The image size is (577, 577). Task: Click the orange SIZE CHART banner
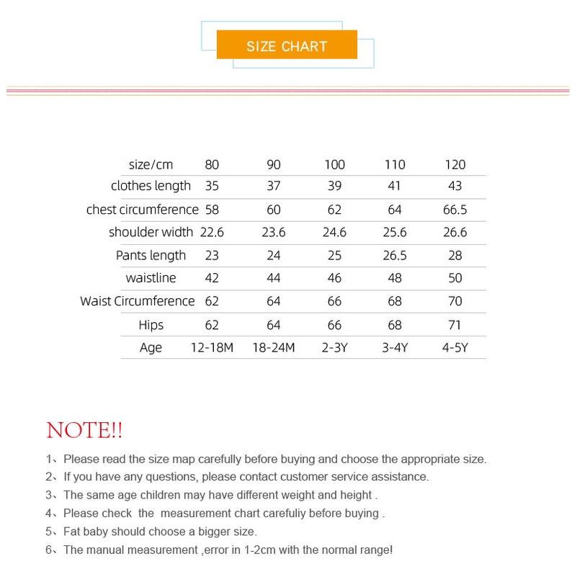(287, 46)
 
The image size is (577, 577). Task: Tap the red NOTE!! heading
(84, 431)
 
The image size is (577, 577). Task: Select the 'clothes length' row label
(151, 186)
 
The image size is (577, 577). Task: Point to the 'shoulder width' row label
(151, 232)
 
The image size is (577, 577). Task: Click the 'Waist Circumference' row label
(137, 301)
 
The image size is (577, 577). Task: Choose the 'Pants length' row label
(151, 256)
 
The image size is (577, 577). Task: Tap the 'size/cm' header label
(151, 164)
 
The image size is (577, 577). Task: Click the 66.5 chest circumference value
(455, 210)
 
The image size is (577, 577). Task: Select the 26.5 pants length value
(395, 256)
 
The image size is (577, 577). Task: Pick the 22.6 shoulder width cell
(212, 232)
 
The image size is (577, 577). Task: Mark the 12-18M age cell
(212, 348)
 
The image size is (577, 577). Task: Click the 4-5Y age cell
(455, 348)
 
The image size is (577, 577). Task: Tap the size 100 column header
(334, 164)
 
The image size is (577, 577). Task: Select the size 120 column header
(455, 164)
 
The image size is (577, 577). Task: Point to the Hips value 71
(455, 325)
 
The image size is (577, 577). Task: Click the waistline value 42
(212, 278)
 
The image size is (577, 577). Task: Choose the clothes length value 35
(212, 186)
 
